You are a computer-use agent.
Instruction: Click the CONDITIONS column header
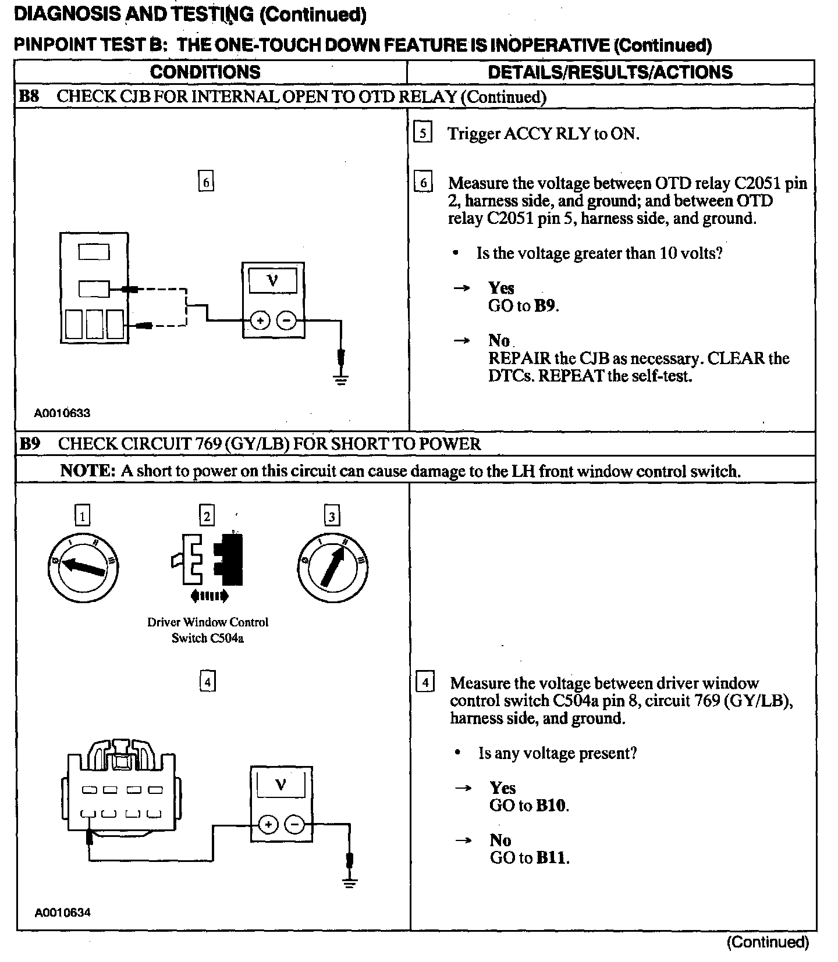(205, 72)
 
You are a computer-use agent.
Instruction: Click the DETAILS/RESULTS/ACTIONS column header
(610, 72)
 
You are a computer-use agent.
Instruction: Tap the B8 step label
(29, 96)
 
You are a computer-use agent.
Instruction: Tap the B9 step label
(30, 444)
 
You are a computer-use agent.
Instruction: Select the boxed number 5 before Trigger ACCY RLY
(422, 133)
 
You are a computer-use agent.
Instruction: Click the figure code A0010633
(62, 414)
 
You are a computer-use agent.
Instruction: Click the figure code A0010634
(62, 912)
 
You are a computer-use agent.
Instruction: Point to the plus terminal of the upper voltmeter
(260, 320)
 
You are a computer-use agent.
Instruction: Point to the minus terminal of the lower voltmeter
(295, 824)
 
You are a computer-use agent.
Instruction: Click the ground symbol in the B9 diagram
(349, 883)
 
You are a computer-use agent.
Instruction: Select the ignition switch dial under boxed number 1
(83, 565)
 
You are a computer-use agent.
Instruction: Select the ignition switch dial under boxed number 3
(332, 565)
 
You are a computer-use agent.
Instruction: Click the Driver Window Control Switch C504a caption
(208, 630)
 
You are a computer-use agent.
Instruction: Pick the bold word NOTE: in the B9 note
(88, 471)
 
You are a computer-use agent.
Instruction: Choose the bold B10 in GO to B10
(552, 806)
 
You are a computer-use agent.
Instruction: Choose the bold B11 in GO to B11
(552, 858)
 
